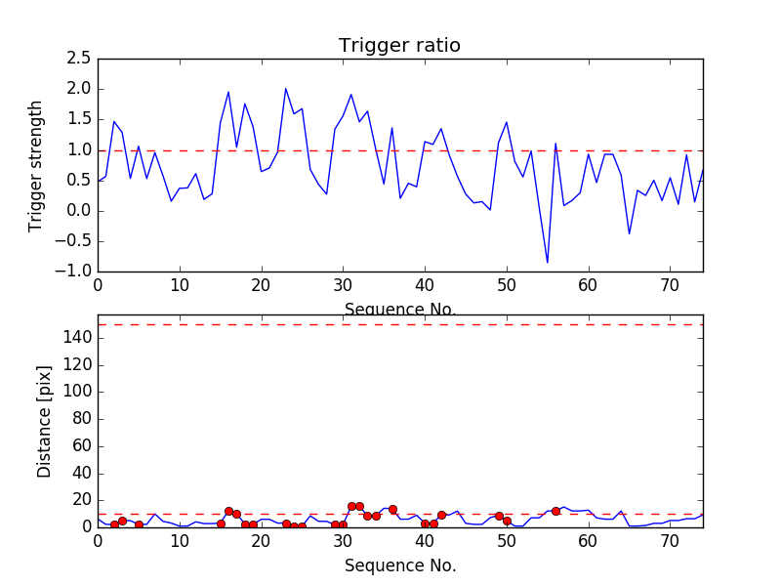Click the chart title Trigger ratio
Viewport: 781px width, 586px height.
click(x=399, y=46)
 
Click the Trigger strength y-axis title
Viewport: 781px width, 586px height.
click(x=36, y=165)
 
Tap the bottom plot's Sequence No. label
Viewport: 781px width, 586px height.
click(x=400, y=565)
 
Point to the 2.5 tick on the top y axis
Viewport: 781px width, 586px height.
click(x=79, y=59)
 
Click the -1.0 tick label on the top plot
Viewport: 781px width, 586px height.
click(x=74, y=272)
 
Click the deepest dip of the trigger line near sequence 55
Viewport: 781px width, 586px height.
click(x=548, y=263)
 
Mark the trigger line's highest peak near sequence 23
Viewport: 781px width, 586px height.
click(x=286, y=89)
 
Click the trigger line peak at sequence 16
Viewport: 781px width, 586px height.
click(x=228, y=93)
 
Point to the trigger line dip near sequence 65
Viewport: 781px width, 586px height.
click(x=629, y=233)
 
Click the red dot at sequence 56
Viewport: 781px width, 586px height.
click(x=555, y=511)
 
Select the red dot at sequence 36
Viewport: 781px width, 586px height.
click(x=392, y=509)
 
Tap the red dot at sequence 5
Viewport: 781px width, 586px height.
click(x=139, y=524)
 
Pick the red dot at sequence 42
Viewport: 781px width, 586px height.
click(x=441, y=515)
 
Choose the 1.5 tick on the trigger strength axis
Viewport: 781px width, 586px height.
click(x=79, y=119)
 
